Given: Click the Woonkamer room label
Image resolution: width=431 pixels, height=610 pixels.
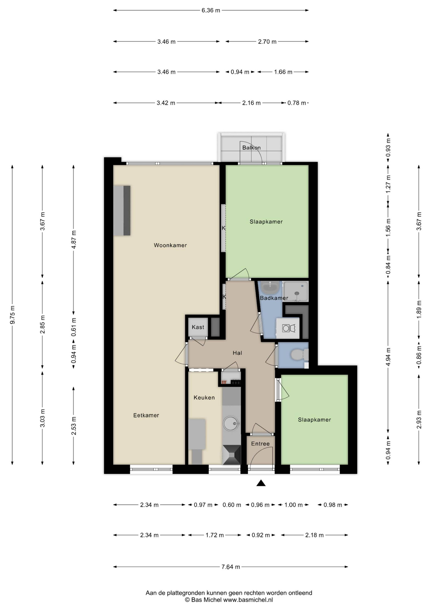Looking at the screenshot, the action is (170, 245).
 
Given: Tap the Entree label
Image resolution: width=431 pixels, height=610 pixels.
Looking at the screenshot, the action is (260, 444).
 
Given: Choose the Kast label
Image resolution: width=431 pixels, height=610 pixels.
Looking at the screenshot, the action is (198, 327).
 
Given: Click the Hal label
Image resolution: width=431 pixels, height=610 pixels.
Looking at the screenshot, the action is (237, 353).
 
